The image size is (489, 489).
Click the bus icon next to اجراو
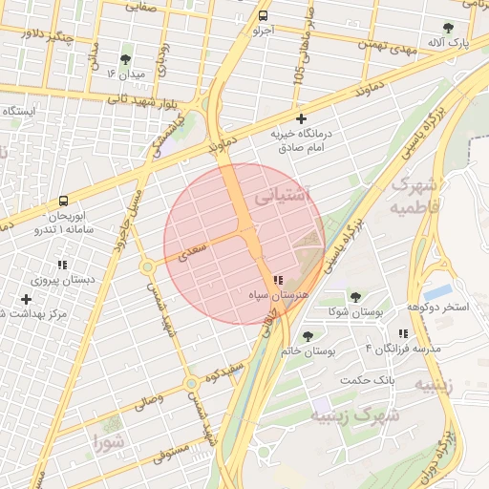pos(263,16)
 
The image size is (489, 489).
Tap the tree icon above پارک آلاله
pos(448,28)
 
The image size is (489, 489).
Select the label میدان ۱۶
pos(125,74)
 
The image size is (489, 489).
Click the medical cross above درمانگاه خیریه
pos(303,119)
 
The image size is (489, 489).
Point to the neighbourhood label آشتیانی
pos(284,195)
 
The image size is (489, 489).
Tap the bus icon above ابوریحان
pos(63,202)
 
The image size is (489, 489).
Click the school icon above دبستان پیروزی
pos(63,265)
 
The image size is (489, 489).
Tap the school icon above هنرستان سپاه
pos(277,281)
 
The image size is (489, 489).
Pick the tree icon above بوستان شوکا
pos(355,297)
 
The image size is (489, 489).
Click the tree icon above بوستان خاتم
pos(308,336)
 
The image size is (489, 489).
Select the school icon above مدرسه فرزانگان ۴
pos(403,333)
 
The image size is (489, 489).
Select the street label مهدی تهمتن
pos(388,43)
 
